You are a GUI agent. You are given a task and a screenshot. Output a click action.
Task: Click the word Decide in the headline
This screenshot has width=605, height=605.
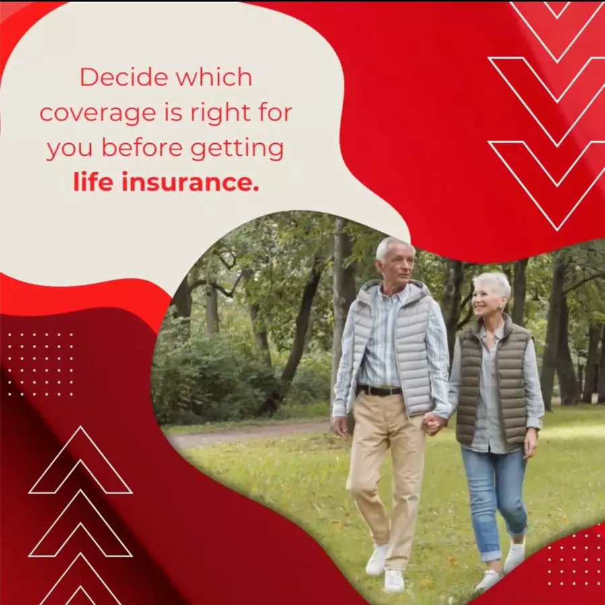(124, 77)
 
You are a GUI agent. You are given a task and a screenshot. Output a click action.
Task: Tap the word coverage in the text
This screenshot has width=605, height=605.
(99, 114)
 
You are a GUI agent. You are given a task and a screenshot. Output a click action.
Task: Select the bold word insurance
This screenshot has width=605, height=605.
(190, 182)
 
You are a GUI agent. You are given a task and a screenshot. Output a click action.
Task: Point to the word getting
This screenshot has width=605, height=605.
(237, 149)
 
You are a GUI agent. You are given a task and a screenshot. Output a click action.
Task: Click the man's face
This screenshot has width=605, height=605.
(397, 266)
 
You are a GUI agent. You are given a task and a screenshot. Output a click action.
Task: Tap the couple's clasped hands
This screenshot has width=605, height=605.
(433, 424)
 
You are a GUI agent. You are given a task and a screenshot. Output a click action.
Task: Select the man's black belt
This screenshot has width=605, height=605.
(380, 391)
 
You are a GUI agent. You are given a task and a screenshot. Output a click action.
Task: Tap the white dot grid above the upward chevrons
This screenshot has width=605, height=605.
(40, 364)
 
